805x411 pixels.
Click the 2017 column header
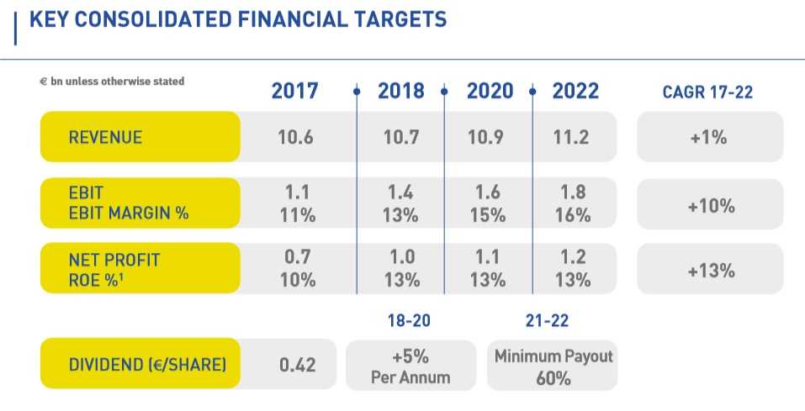point(294,91)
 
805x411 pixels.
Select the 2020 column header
point(490,91)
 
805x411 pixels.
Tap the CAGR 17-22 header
point(707,92)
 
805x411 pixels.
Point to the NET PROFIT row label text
point(114,260)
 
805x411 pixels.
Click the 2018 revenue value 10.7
point(401,137)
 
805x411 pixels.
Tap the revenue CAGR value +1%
point(708,137)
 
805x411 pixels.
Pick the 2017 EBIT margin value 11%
point(296,214)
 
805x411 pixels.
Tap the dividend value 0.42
point(296,366)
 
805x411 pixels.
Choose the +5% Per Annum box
point(410,366)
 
